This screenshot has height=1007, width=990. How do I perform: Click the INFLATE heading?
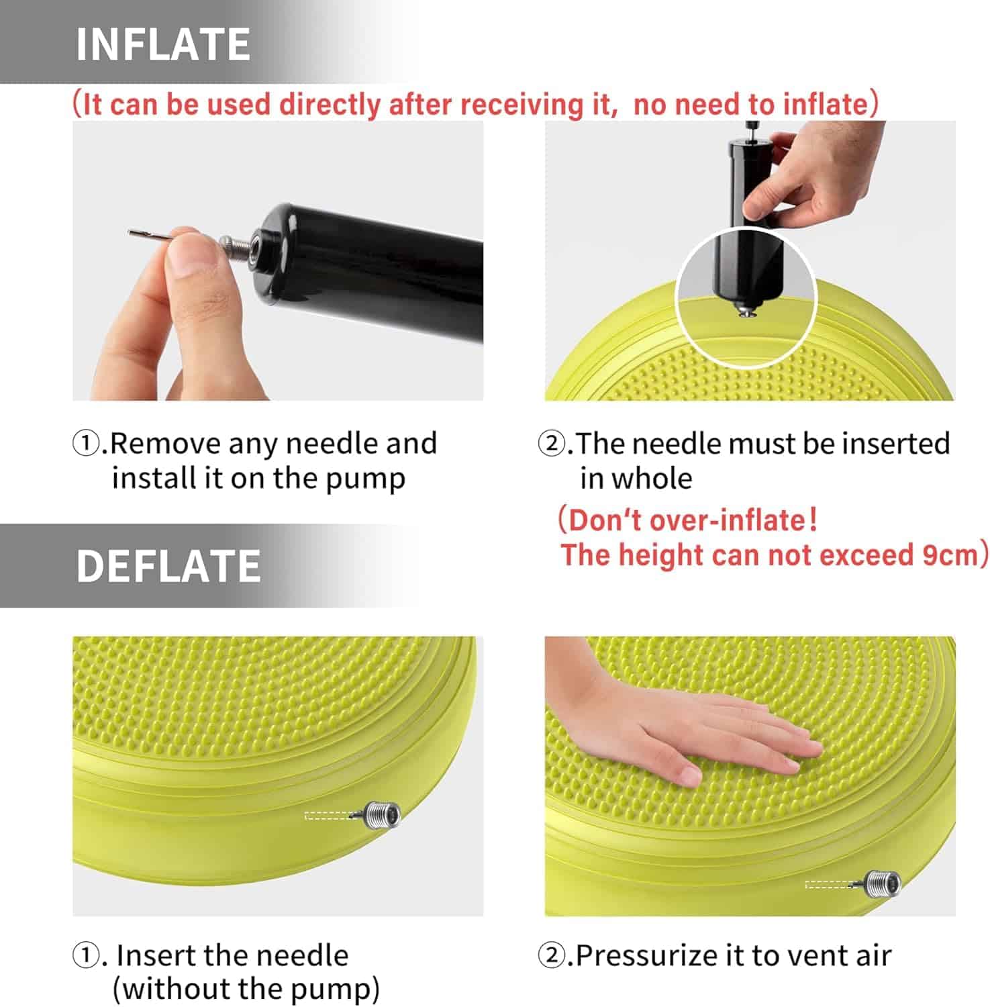163,44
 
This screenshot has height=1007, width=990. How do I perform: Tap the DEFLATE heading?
168,565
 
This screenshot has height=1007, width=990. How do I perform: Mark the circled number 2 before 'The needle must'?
552,444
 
